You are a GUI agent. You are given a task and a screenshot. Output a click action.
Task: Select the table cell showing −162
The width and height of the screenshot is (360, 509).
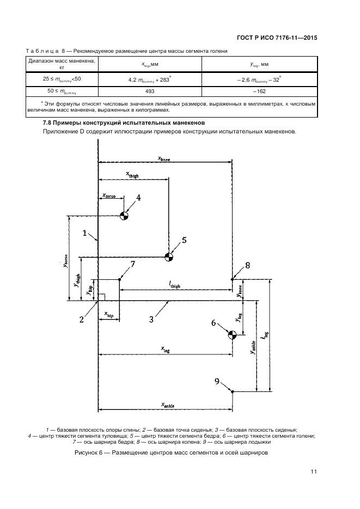point(259,91)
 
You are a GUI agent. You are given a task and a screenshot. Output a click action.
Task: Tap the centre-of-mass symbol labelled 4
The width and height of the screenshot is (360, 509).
point(124,216)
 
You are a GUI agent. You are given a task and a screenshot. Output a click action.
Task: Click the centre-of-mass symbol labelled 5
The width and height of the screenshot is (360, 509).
point(169,257)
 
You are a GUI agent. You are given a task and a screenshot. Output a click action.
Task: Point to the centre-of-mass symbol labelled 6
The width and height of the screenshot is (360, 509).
point(232,335)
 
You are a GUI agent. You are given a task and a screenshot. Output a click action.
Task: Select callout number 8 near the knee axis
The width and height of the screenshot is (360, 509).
point(247,266)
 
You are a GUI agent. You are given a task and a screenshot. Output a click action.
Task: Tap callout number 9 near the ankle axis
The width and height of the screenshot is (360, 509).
point(217,381)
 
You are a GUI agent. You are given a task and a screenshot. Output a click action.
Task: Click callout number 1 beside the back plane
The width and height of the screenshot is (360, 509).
point(85,233)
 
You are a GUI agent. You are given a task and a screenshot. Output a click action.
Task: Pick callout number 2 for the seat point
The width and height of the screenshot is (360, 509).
point(81,320)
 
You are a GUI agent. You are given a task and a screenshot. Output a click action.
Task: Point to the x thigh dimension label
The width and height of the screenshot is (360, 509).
point(132,174)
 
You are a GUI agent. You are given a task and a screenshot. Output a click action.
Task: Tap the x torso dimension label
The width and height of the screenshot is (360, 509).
point(108,195)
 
